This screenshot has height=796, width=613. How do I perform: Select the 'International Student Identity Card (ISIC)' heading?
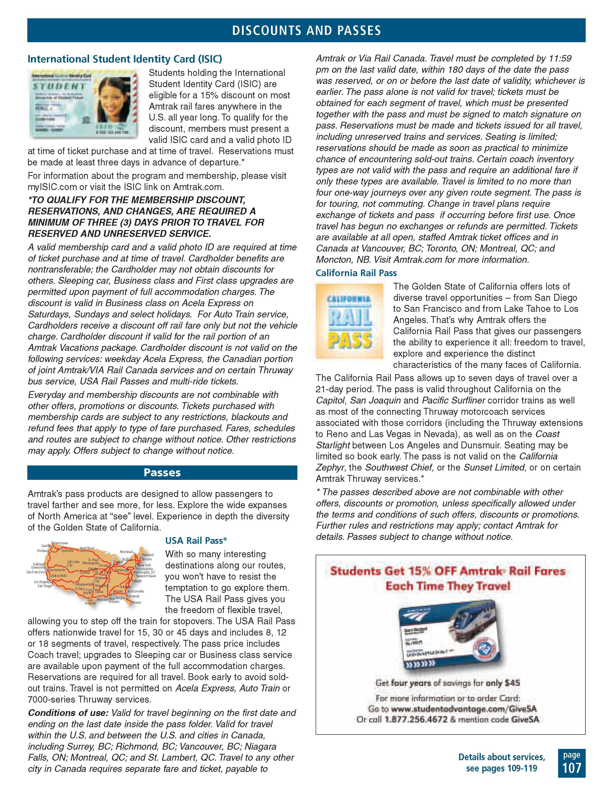click(125, 59)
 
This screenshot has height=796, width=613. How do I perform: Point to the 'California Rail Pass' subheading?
click(356, 273)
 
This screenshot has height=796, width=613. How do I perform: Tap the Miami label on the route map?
click(137, 603)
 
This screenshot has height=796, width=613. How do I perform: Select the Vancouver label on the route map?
click(61, 543)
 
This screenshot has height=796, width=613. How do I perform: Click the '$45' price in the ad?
click(512, 683)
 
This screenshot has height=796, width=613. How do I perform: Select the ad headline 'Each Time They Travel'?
click(448, 586)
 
